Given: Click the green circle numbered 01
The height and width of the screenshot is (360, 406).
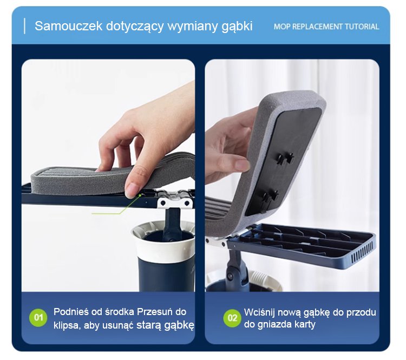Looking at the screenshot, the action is (38, 318).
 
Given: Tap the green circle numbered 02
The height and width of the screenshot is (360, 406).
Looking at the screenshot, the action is (232, 318).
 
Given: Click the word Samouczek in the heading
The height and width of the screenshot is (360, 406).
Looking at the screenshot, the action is (69, 26).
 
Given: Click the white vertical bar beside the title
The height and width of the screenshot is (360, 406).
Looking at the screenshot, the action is (24, 26).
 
